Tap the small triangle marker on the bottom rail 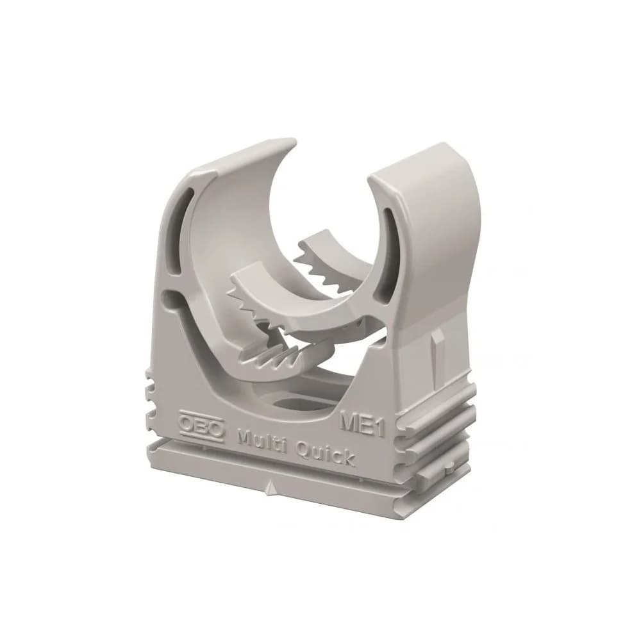[x=269, y=488]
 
